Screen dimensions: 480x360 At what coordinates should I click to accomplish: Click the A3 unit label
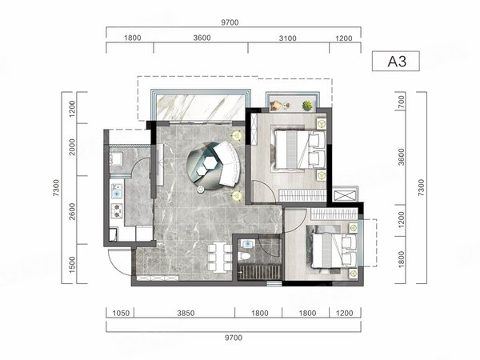click(x=397, y=62)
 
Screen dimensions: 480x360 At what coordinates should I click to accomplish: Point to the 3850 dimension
click(x=186, y=313)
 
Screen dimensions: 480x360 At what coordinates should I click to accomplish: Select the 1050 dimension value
click(x=122, y=313)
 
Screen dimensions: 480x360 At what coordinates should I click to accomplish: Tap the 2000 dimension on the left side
click(x=72, y=147)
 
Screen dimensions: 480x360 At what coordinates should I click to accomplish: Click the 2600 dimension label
click(x=72, y=211)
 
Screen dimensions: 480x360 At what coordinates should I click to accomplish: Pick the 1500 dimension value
click(x=72, y=265)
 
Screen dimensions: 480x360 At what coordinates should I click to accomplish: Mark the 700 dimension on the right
click(x=402, y=102)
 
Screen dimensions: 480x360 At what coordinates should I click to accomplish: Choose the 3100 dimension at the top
click(x=288, y=38)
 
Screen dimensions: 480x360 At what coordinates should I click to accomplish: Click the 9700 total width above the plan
click(x=230, y=22)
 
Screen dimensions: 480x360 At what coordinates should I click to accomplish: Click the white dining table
click(x=218, y=257)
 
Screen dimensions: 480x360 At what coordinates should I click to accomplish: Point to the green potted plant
click(x=307, y=106)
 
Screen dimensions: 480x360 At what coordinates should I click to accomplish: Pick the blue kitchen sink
click(x=117, y=194)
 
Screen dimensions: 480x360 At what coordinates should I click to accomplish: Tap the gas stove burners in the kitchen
click(x=117, y=210)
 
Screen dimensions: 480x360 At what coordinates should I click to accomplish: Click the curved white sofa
click(x=229, y=163)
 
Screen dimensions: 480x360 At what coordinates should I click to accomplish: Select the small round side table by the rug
click(x=201, y=190)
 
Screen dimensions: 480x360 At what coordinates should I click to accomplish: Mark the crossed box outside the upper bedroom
click(x=345, y=195)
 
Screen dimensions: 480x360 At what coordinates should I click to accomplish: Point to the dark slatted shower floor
click(x=259, y=272)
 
